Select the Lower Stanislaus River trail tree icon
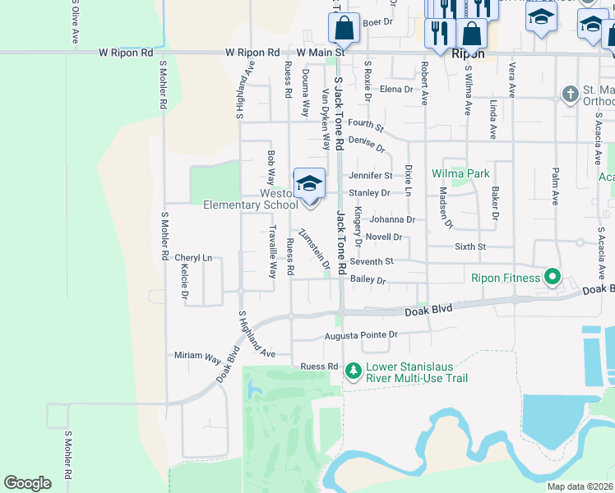[354, 371]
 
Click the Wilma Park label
[461, 174]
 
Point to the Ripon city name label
[468, 53]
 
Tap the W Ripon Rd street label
[126, 53]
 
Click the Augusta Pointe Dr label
[360, 335]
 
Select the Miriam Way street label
[197, 356]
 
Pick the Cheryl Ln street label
[193, 258]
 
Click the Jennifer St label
[370, 176]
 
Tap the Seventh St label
[372, 262]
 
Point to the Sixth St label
[470, 246]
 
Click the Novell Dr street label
[383, 237]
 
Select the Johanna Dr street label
[391, 219]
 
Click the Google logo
[27, 483]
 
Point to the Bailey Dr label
[368, 280]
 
